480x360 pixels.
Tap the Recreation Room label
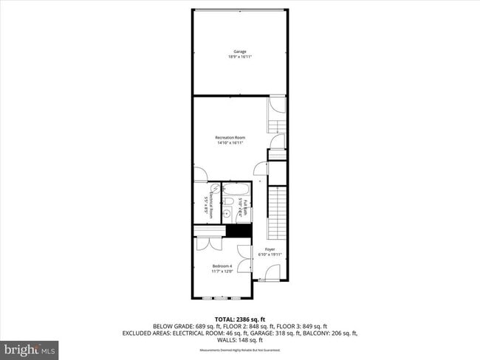(x=230, y=138)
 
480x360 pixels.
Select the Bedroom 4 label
(x=222, y=266)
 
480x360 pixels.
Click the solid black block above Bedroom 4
(x=238, y=231)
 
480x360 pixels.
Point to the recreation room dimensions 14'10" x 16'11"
(x=230, y=143)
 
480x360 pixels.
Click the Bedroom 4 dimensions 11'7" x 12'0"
(x=222, y=271)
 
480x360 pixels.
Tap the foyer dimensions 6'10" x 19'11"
(x=270, y=255)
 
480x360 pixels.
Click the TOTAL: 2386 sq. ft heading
(x=240, y=319)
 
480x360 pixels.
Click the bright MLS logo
(x=30, y=347)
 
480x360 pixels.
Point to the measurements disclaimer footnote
(x=240, y=350)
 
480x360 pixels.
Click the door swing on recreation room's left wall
(x=200, y=175)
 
